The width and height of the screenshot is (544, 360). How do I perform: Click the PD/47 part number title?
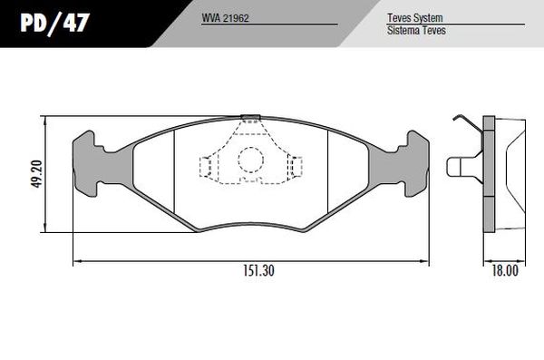tap(54, 24)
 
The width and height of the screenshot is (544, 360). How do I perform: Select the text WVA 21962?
tap(225, 18)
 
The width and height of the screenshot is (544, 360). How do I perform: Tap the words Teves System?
tap(415, 18)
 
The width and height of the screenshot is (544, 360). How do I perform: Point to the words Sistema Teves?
tap(416, 30)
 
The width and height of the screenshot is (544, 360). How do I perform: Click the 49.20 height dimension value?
tap(36, 174)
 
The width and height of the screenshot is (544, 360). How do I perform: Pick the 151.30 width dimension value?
tap(258, 270)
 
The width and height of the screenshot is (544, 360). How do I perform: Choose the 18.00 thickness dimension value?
tap(505, 270)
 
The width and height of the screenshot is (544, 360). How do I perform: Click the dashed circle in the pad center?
tap(251, 160)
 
